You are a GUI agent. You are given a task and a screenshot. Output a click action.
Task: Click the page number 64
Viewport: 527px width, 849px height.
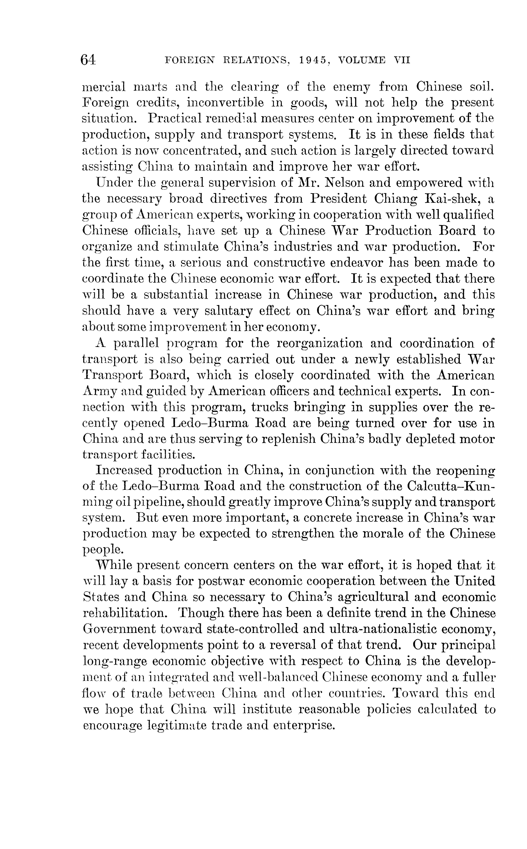click(x=88, y=60)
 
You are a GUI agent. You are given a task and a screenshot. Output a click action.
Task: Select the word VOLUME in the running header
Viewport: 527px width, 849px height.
click(x=362, y=60)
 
